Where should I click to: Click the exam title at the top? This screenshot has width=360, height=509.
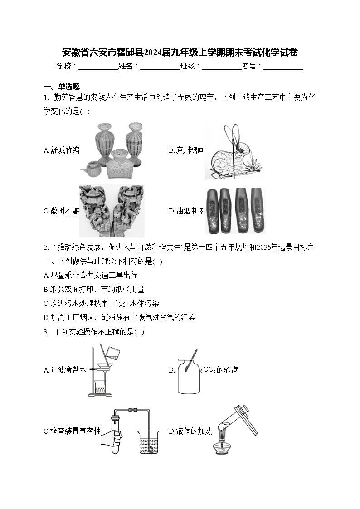(x=180, y=52)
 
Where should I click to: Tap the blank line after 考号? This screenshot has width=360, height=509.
(x=283, y=66)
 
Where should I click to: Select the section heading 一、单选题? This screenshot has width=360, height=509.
(x=61, y=87)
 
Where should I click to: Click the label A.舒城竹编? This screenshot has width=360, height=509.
(x=61, y=150)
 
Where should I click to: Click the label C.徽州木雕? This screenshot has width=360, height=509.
(x=61, y=211)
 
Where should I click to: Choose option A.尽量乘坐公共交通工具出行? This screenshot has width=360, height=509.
(x=90, y=275)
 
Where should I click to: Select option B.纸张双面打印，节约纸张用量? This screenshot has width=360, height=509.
(x=94, y=289)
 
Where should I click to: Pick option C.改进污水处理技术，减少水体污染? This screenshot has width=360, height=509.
(x=101, y=303)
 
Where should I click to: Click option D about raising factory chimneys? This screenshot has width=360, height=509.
(x=120, y=317)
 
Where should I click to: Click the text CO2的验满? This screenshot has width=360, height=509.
(x=220, y=370)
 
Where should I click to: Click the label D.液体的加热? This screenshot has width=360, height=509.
(x=190, y=431)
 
